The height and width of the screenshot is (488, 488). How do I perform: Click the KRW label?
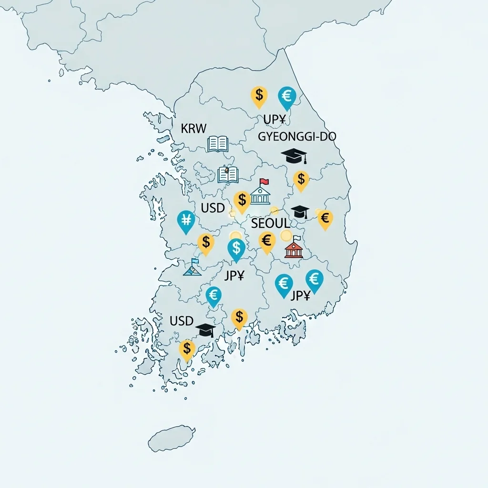[x=194, y=128]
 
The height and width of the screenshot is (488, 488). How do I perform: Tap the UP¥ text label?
[x=274, y=120]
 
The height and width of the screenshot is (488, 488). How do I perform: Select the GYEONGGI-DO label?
[x=297, y=136]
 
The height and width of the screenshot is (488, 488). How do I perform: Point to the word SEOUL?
[x=270, y=223]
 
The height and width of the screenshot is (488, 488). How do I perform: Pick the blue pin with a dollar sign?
[x=236, y=249]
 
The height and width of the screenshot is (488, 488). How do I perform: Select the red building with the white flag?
[x=294, y=248]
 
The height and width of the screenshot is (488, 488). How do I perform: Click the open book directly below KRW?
[x=218, y=144]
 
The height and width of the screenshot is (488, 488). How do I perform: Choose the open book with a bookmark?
[x=228, y=175]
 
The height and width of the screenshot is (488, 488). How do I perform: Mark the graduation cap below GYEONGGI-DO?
[x=294, y=155]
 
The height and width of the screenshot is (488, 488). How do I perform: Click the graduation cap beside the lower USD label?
[x=206, y=330]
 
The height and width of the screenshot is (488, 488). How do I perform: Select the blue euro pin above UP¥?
[x=287, y=97]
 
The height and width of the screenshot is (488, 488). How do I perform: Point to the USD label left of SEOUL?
[x=213, y=208]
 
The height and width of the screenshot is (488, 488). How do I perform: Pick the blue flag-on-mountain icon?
[x=192, y=268]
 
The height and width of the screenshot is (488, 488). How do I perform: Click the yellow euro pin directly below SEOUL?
[x=267, y=241]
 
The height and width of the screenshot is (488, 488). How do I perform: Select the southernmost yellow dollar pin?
[x=187, y=349]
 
